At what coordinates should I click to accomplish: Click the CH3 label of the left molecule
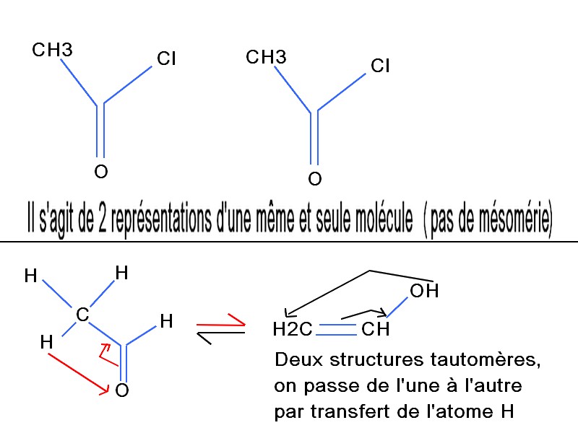[52, 51]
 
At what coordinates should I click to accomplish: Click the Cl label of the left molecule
[166, 58]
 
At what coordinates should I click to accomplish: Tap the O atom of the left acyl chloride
[101, 172]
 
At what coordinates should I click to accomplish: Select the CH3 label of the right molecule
[266, 57]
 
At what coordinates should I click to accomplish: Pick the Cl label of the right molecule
[380, 66]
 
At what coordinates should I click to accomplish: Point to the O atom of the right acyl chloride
[314, 178]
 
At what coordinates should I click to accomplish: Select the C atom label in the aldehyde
[82, 315]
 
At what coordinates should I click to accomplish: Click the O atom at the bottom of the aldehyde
[122, 391]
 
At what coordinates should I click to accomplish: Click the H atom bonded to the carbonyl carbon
[166, 322]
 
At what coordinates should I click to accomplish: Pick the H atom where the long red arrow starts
[48, 342]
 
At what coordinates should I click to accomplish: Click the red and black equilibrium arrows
[221, 328]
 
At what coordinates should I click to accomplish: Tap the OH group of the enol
[423, 292]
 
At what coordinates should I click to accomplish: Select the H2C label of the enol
[293, 331]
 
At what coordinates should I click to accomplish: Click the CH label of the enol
[376, 331]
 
